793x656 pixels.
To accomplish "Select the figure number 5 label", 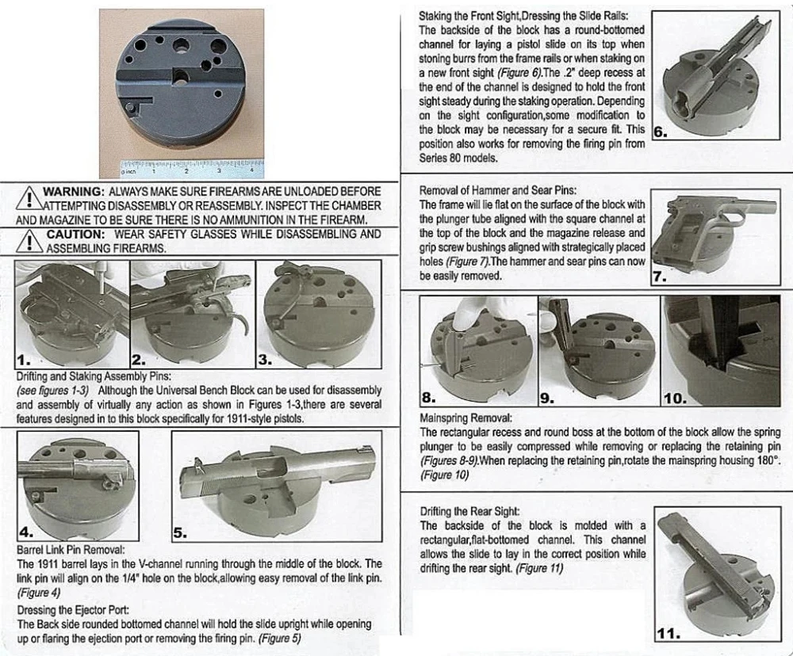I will [x=181, y=533].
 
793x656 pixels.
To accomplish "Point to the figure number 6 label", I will [x=660, y=133].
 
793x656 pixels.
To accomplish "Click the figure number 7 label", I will [x=659, y=277].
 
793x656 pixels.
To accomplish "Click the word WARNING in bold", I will [x=72, y=192].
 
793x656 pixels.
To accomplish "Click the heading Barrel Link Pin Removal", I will [x=71, y=549].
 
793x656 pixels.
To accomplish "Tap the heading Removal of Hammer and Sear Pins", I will [x=498, y=190].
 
